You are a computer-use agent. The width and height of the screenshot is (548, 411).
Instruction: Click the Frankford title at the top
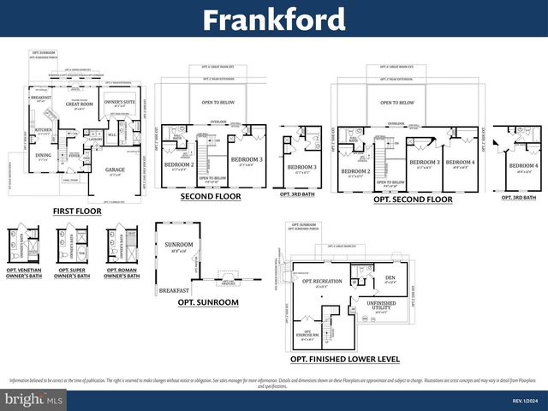pos(274,19)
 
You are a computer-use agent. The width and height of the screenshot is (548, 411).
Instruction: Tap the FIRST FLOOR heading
pos(76,211)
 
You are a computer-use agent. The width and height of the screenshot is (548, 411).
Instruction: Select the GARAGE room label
pos(115,170)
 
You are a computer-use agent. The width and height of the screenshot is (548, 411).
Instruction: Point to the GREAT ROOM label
pos(79,104)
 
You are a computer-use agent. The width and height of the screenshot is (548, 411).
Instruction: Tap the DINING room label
pos(43,156)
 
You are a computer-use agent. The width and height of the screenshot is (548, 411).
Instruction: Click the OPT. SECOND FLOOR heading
pos(413,200)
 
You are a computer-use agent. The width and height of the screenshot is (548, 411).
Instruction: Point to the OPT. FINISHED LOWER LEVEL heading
pos(344,359)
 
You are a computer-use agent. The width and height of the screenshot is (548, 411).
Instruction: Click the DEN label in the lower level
pos(390,277)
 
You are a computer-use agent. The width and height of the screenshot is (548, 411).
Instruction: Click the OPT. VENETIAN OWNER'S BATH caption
pos(25,274)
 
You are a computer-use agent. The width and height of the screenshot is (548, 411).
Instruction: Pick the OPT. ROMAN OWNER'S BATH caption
pos(121,274)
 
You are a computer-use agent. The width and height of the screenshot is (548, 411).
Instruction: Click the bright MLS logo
pos(33,399)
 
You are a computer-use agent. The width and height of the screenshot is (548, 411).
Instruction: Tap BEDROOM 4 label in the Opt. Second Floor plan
pos(460,162)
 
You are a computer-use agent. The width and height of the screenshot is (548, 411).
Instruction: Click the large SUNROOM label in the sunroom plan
pos(180,245)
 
